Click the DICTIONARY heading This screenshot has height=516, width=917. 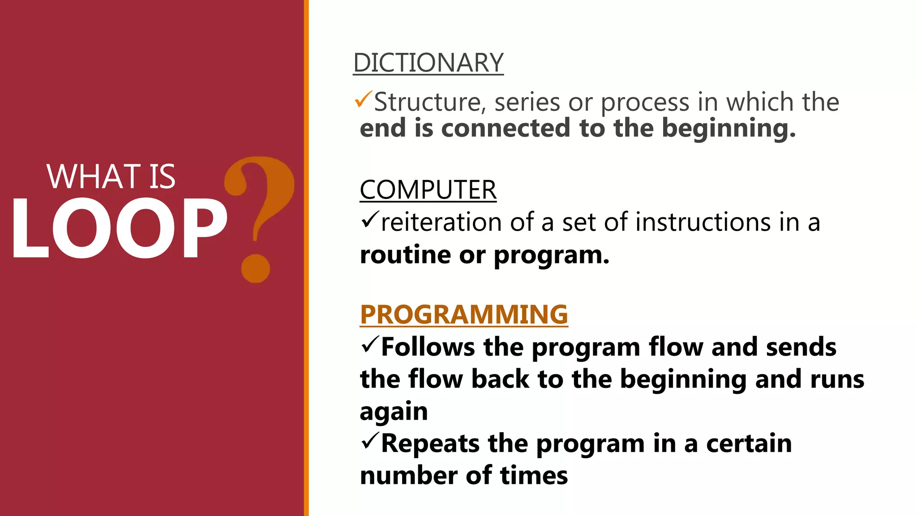[428, 63]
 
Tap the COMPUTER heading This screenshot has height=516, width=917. [428, 190]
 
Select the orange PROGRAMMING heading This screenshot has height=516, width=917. [464, 314]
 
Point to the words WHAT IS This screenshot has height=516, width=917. [111, 176]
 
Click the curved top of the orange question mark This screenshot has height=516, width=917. [264, 179]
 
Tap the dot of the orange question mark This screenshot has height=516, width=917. [256, 268]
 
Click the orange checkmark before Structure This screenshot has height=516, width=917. [363, 99]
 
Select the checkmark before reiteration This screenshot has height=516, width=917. [370, 219]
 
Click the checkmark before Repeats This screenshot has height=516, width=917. [370, 441]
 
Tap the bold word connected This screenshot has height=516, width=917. [506, 128]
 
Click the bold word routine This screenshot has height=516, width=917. [405, 255]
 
